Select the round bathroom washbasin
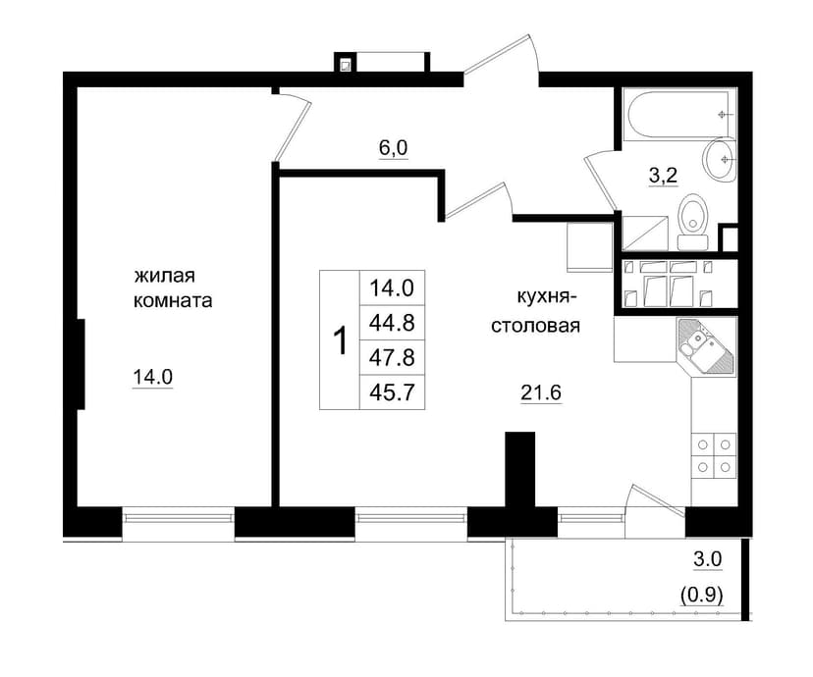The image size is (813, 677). tap(720, 160)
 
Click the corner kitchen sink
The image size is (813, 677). tap(706, 346)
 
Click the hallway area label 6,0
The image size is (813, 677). tap(393, 148)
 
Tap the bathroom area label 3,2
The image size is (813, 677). tap(663, 176)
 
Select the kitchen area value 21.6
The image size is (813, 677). tap(541, 393)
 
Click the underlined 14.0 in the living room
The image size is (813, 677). tap(153, 377)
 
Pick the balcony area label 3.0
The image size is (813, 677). tap(708, 559)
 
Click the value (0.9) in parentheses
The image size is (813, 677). tap(701, 596)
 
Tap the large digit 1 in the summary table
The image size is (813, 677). tap(340, 340)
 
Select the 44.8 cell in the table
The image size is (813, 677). tap(392, 323)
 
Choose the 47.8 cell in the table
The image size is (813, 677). tap(392, 357)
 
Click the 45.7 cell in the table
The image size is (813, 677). tap(392, 392)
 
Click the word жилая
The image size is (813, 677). tap(165, 276)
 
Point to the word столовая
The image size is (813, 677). tap(535, 327)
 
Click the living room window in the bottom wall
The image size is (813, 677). tap(179, 523)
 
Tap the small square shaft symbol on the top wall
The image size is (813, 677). tap(345, 65)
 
